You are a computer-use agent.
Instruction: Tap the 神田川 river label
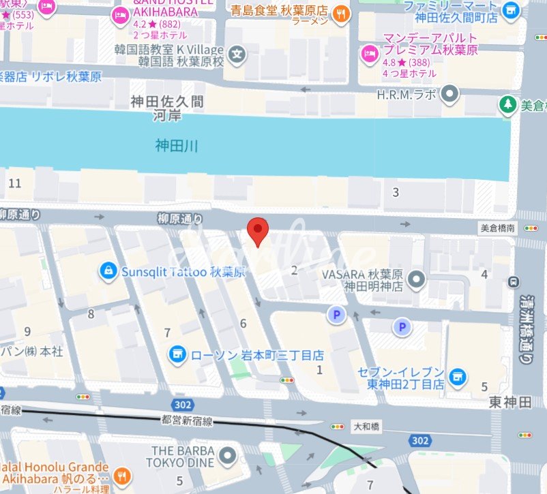176,145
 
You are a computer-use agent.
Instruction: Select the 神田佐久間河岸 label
168,108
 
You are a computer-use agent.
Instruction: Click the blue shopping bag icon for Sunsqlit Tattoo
107,271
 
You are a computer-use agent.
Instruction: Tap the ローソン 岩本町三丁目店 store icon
178,354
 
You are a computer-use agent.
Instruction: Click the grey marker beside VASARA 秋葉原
417,279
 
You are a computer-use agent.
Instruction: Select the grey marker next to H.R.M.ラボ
449,94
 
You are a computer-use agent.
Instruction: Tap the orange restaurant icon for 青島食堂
341,12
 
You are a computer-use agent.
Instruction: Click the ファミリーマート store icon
509,11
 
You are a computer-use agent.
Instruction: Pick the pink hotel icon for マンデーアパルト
370,52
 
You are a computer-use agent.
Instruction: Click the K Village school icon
237,53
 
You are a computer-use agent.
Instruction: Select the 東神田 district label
509,403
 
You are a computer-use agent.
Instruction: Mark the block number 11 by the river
14,183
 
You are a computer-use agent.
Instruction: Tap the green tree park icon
506,104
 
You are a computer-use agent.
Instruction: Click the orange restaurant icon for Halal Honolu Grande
122,475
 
